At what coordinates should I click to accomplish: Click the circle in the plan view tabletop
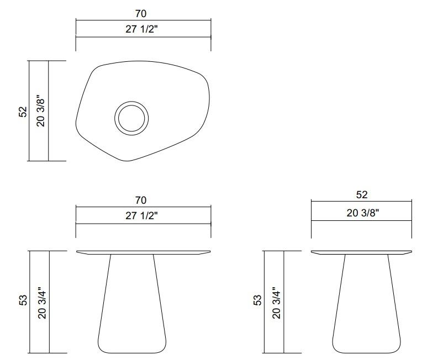point(131,118)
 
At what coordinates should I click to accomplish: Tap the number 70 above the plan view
point(141,14)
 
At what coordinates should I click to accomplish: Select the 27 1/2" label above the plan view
point(141,30)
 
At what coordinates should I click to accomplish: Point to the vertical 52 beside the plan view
point(23,111)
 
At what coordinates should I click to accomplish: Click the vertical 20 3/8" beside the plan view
point(40,111)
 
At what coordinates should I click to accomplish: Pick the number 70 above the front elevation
point(141,200)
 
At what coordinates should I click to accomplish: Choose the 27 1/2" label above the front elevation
point(141,216)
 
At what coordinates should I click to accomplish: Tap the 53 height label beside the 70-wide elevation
point(23,301)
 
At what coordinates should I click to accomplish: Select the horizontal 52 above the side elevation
point(362,195)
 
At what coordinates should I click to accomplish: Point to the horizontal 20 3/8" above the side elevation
point(362,214)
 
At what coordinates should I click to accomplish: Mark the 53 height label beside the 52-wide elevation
point(257,301)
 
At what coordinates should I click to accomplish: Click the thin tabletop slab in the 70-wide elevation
point(144,252)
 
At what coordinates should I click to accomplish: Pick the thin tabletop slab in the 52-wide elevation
point(362,252)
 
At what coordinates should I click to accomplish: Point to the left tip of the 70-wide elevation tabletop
point(77,252)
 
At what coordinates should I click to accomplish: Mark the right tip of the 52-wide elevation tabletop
point(411,252)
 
